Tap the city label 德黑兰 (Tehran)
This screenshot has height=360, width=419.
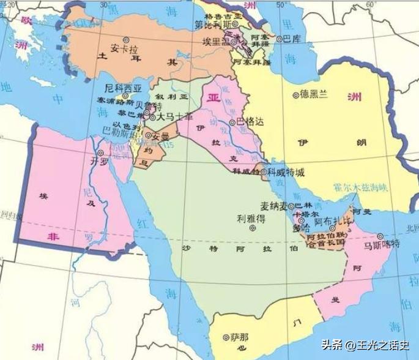click(314, 95)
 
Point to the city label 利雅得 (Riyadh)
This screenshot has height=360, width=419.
click(251, 217)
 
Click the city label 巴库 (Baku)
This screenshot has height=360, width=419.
click(292, 39)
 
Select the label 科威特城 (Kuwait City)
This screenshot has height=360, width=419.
click(287, 173)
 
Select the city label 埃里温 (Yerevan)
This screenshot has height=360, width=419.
click(216, 40)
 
